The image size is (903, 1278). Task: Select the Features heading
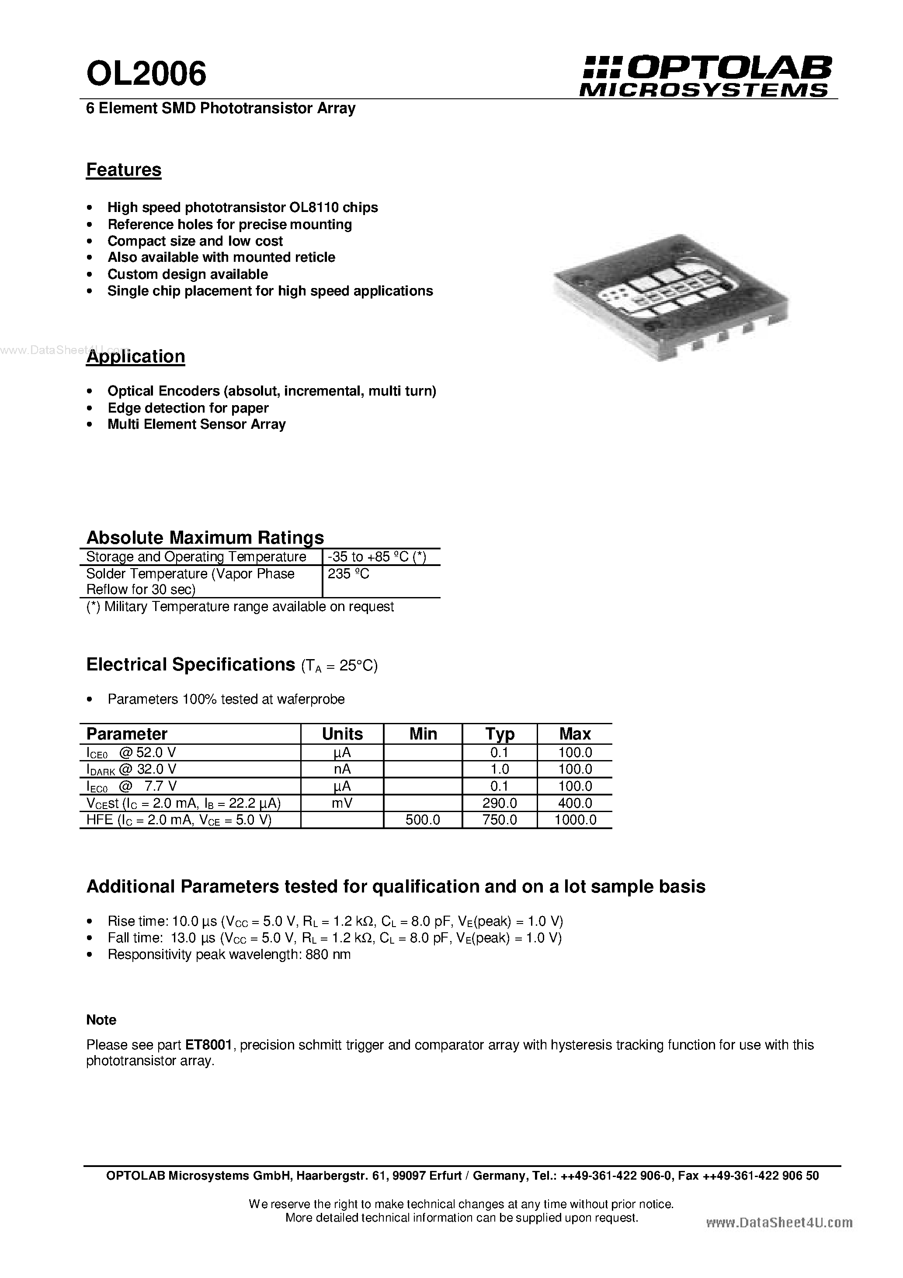tap(124, 170)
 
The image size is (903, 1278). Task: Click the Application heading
tap(135, 356)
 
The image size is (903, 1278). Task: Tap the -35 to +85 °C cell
tap(377, 557)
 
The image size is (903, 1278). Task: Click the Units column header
tap(342, 733)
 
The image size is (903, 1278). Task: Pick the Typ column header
tap(500, 733)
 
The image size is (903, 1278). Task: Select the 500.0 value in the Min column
tap(423, 820)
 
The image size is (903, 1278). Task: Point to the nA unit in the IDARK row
tap(342, 769)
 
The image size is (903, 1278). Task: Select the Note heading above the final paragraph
tap(101, 1020)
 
